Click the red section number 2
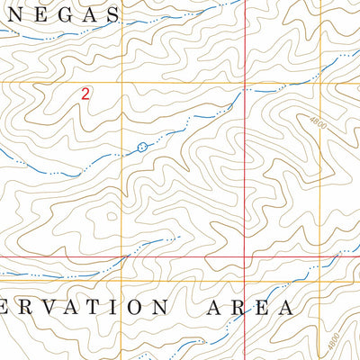click(x=85, y=93)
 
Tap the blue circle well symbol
click(x=141, y=146)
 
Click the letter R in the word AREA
click(x=237, y=307)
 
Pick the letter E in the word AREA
click(x=259, y=307)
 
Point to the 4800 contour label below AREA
click(x=335, y=343)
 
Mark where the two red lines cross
click(x=246, y=257)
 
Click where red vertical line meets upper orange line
click(x=246, y=83)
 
